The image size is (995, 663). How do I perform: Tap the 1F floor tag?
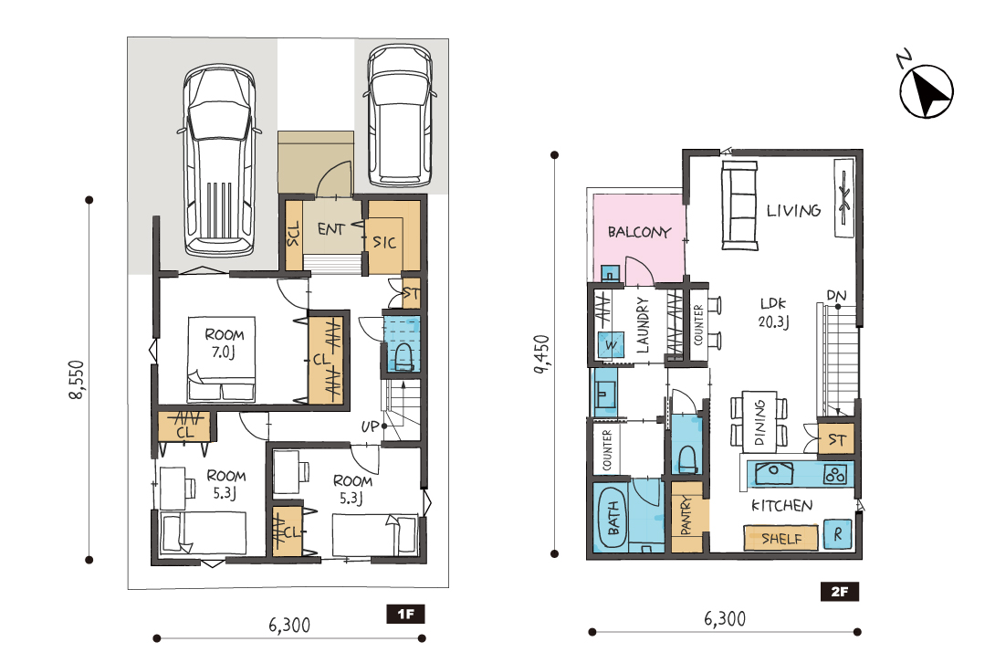[x=405, y=614]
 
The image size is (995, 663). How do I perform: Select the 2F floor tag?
[x=840, y=592]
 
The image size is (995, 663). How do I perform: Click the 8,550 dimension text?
[x=77, y=380]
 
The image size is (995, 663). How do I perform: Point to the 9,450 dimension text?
[x=541, y=353]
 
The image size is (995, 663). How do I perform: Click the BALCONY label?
[x=639, y=233]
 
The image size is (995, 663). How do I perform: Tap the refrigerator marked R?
[x=838, y=534]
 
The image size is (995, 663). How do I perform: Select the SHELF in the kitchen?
[x=781, y=539]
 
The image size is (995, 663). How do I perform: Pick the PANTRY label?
[x=686, y=516]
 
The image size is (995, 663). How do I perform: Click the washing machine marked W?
[x=611, y=345]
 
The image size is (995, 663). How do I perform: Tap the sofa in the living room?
[x=739, y=205]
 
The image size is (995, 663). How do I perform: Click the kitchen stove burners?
[x=835, y=474]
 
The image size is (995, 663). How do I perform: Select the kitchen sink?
[x=773, y=473]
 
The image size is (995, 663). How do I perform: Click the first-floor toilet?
[x=403, y=358]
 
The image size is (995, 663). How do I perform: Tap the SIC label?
[x=384, y=242]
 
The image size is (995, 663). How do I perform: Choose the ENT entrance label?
[x=331, y=228]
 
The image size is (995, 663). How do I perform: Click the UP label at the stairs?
[x=370, y=426]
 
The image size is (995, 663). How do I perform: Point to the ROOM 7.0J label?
[x=224, y=343]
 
